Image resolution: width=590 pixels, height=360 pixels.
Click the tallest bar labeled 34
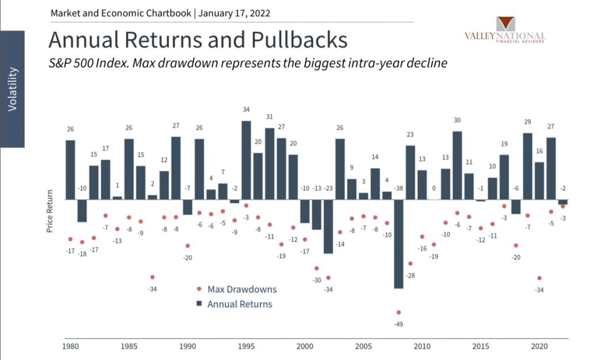246,160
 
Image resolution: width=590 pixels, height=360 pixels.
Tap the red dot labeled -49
399,312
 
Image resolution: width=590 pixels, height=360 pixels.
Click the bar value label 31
269,117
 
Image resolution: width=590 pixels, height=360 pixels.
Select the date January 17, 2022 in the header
234,13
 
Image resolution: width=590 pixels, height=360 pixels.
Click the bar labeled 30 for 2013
457,165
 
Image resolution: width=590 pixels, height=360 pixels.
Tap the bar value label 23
411,134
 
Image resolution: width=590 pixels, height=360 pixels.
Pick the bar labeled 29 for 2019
527,166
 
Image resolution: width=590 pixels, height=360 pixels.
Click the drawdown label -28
411,276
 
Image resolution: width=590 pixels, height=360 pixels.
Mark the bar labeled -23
328,226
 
